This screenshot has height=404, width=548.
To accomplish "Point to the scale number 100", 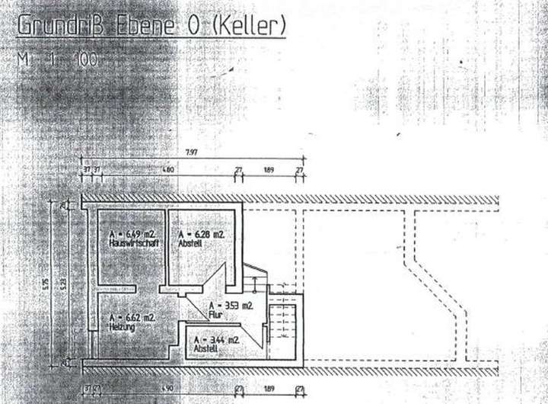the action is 84,59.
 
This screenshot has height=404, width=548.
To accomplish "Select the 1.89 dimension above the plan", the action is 269,169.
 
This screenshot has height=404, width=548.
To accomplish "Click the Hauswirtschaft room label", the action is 133,243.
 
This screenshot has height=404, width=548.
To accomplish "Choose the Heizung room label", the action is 122,327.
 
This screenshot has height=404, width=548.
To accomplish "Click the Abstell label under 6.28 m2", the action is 190,244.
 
